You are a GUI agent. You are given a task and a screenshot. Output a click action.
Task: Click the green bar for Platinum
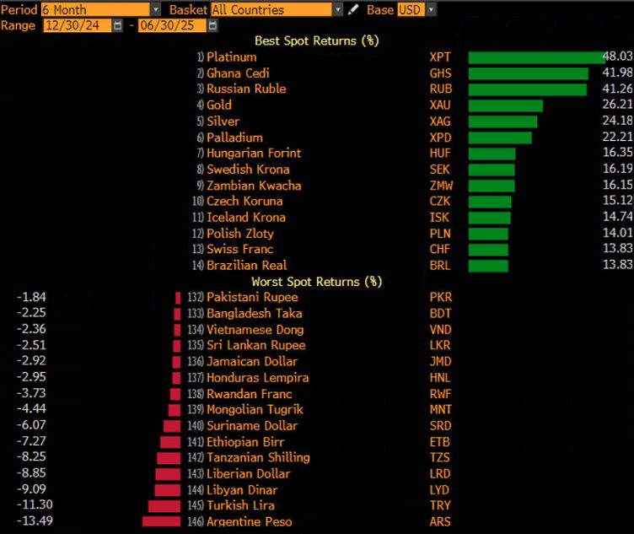[x=536, y=57]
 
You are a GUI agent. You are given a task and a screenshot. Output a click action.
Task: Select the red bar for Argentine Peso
[x=161, y=521]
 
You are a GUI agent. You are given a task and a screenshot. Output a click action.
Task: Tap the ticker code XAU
[x=439, y=105]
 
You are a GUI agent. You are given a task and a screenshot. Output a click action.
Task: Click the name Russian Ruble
[x=246, y=89]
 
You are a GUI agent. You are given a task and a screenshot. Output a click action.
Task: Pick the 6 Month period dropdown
[x=100, y=9]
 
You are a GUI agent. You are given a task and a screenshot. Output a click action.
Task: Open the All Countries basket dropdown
[x=276, y=9]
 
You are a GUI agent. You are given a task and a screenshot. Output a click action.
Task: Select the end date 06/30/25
[x=173, y=25]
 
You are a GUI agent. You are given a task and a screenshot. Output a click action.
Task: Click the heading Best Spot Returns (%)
[x=317, y=40]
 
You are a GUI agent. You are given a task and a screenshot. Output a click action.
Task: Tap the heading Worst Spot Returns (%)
[x=317, y=281]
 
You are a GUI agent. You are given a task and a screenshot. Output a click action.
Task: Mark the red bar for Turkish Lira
[x=164, y=505]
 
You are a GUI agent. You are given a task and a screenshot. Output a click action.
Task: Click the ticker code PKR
[x=439, y=297]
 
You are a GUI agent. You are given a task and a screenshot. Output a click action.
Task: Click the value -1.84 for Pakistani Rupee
[x=33, y=297]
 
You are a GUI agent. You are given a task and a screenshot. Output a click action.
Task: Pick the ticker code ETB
[x=439, y=441]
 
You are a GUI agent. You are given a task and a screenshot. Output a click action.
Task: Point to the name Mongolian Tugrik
[x=255, y=409]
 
